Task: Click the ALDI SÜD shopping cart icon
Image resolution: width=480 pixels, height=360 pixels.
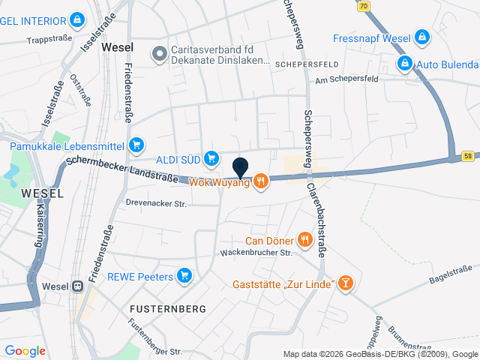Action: click(211, 157)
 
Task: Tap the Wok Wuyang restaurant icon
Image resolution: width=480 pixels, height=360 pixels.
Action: click(261, 181)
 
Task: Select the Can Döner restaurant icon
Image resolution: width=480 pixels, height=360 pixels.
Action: click(304, 240)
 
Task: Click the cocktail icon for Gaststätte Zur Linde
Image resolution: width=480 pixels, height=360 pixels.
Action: click(345, 282)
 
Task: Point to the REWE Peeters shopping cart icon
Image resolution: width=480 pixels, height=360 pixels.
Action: click(185, 277)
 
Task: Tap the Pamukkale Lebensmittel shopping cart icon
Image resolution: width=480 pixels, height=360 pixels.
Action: click(136, 145)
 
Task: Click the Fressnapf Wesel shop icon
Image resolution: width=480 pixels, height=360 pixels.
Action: click(422, 36)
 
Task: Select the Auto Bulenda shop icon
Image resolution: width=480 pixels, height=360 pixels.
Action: click(405, 63)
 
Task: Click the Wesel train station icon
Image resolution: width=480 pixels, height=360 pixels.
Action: click(77, 286)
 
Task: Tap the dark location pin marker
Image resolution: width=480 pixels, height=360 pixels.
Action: click(241, 168)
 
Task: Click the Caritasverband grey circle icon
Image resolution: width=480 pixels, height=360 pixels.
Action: click(158, 52)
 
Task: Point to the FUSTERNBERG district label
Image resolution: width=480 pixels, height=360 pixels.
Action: click(163, 308)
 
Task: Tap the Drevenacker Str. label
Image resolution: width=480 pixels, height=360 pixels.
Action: click(156, 202)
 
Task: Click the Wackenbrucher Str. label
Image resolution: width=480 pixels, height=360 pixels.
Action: click(256, 253)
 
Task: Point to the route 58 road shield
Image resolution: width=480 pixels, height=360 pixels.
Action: click(468, 156)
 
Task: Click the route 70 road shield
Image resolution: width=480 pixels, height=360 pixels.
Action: click(364, 5)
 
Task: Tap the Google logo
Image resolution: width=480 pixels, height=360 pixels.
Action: click(25, 350)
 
